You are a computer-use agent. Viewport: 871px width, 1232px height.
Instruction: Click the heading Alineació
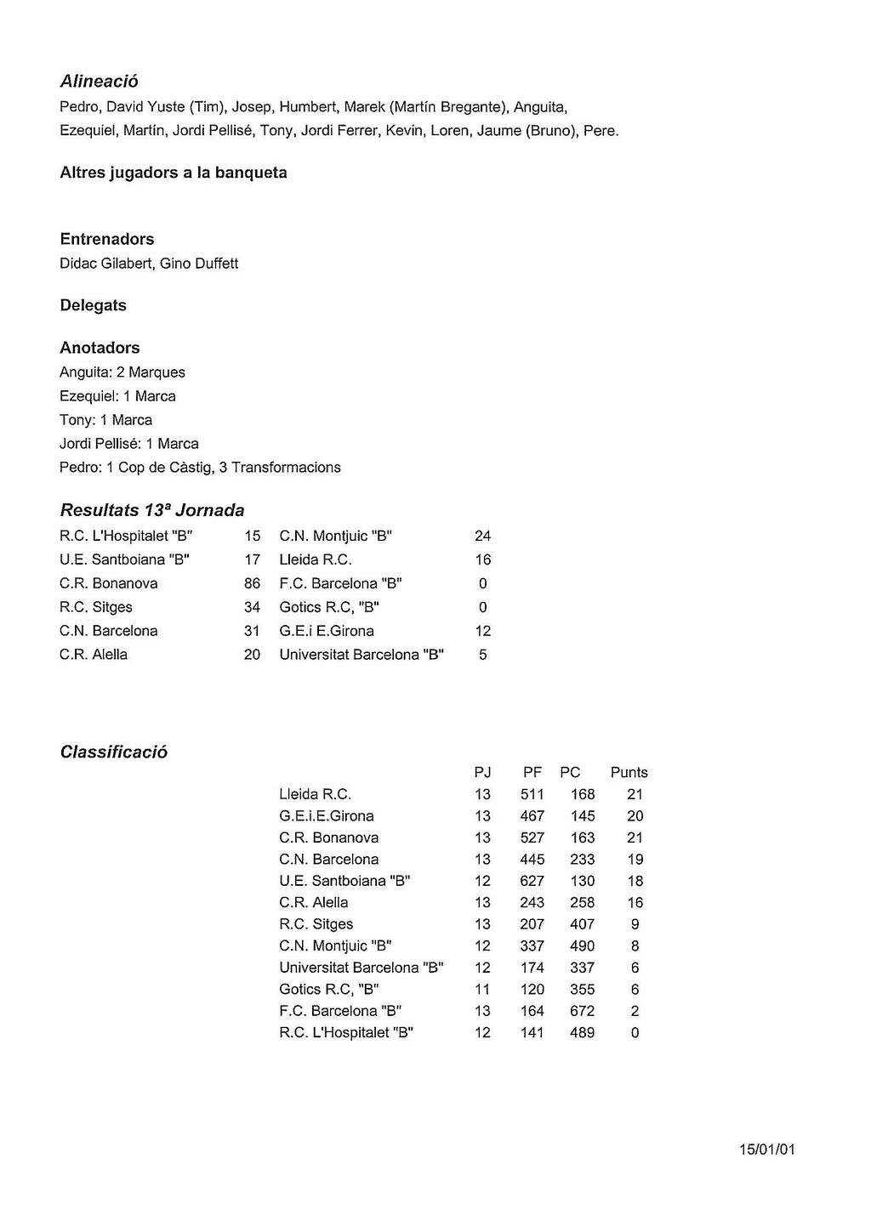tap(99, 82)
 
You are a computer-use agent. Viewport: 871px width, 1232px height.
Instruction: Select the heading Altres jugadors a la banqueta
tap(174, 173)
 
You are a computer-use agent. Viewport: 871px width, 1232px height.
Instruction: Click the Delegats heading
tap(93, 305)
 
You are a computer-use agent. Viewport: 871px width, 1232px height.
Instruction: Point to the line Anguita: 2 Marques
tap(122, 372)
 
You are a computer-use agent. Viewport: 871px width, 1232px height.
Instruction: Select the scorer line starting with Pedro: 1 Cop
tap(200, 468)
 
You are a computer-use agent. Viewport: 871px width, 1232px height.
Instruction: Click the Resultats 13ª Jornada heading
tap(152, 510)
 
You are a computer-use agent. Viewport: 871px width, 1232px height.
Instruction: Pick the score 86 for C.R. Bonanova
tap(252, 583)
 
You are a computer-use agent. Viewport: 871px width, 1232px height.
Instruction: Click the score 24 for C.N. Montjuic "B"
tap(482, 536)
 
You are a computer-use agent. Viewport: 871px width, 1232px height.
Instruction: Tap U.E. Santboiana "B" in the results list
tap(124, 559)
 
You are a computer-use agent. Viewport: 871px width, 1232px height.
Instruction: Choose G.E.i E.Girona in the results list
tap(327, 631)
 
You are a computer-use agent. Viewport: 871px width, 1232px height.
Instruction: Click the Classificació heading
tap(114, 752)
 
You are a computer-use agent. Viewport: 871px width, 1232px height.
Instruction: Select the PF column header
tap(532, 772)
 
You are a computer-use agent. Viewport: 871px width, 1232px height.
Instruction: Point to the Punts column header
tap(629, 772)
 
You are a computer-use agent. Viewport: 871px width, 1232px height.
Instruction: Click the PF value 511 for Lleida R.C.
tap(532, 794)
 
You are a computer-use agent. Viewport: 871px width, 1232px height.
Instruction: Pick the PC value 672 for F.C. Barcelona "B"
tap(583, 1011)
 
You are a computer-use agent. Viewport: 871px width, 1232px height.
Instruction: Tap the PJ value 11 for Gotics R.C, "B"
tap(482, 990)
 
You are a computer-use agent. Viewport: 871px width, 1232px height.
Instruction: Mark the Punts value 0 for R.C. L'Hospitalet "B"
tap(635, 1033)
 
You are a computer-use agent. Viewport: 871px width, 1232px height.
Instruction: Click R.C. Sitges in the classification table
tap(316, 924)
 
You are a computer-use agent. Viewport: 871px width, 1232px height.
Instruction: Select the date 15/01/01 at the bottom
tap(767, 1150)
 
